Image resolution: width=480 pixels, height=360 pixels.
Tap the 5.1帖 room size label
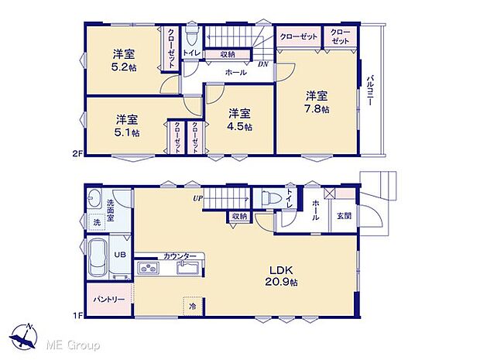(128, 132)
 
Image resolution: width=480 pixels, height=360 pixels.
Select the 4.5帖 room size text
(238, 126)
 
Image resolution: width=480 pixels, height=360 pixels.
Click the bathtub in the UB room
(98, 257)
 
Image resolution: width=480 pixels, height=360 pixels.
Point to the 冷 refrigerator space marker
(192, 305)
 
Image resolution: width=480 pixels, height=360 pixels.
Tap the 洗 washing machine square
(97, 223)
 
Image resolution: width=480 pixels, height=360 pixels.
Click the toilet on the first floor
(269, 197)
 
